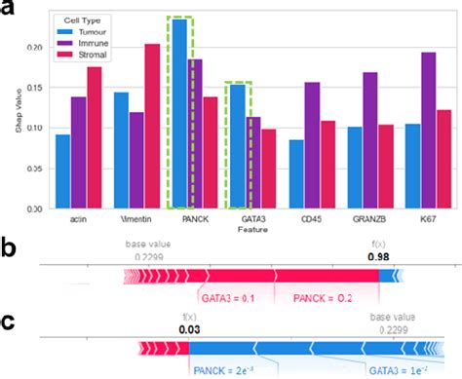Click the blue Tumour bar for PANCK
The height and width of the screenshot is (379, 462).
(178, 113)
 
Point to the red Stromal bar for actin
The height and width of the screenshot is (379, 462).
(94, 135)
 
